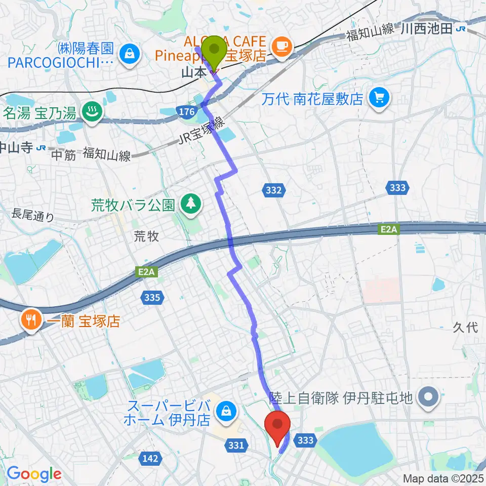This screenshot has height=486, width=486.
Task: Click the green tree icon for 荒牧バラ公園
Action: coord(190,205)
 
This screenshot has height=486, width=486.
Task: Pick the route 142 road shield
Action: coord(150,459)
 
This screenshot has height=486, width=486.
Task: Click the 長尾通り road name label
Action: coord(34,217)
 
